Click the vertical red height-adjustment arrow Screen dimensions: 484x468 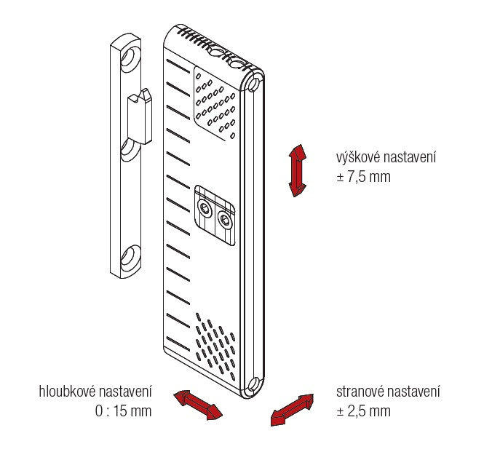tap(297, 170)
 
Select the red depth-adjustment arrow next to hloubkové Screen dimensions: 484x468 tap(198, 405)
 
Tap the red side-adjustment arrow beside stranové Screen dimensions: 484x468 tap(292, 410)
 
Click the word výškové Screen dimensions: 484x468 tap(358, 157)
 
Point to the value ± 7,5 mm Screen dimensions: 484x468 tap(364, 177)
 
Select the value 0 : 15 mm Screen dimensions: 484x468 tap(124, 411)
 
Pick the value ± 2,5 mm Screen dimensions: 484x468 tap(364, 411)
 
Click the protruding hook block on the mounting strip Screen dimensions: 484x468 tap(140, 116)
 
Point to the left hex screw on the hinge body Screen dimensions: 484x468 tap(204, 208)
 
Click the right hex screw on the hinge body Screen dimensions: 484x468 tap(225, 220)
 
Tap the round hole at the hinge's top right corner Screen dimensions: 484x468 tap(254, 84)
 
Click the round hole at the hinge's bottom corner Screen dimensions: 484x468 tap(253, 384)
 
